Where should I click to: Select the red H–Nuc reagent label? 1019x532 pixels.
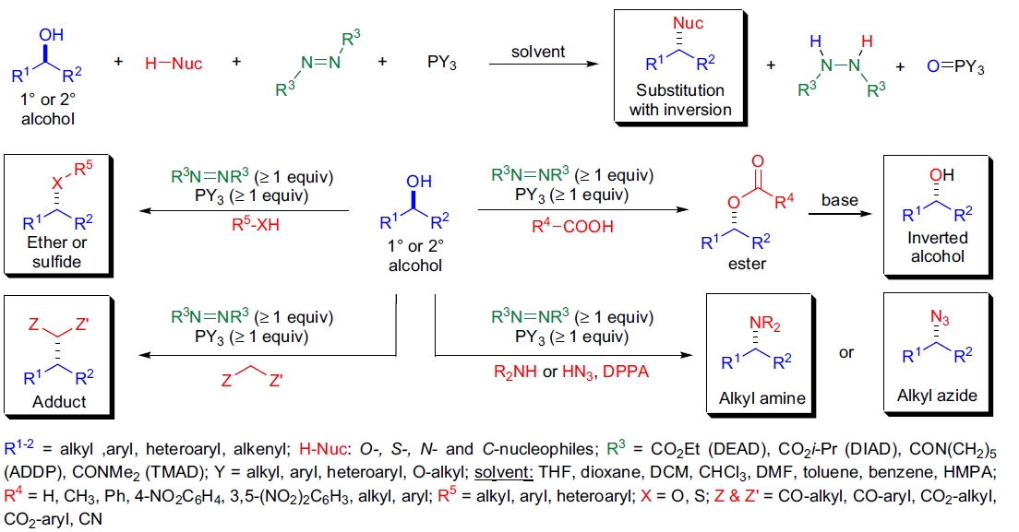tap(174, 64)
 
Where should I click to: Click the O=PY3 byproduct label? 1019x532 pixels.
tap(951, 67)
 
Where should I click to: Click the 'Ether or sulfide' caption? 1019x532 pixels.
tap(57, 253)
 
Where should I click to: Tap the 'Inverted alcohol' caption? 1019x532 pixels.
tap(938, 247)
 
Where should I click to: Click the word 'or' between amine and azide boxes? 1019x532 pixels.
tap(846, 352)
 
